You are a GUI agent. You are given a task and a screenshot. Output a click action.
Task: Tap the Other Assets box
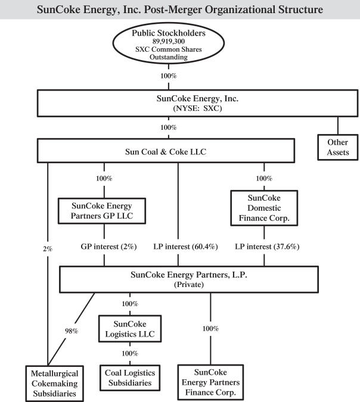337,147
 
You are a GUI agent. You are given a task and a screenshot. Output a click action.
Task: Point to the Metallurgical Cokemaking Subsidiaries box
51,382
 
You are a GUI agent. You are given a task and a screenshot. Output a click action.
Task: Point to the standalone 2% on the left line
47,248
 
